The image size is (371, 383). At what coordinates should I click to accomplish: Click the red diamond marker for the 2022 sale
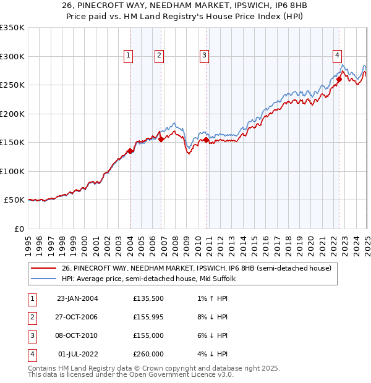click(339, 80)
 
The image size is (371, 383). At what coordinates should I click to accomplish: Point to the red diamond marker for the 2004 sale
click(130, 151)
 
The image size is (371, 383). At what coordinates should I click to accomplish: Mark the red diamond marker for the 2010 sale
click(206, 140)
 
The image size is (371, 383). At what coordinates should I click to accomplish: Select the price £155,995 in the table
click(148, 318)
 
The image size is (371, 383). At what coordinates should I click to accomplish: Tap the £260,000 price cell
click(148, 355)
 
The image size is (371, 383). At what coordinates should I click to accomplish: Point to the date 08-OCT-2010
click(77, 336)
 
